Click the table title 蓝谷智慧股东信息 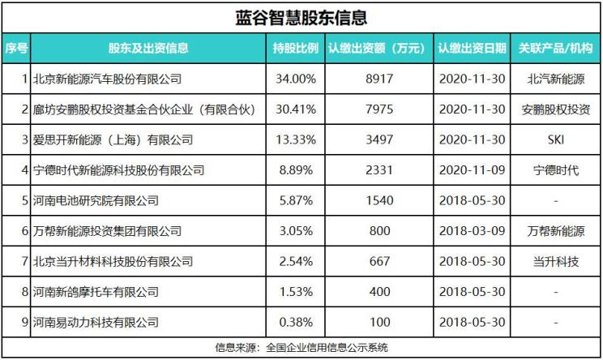301,17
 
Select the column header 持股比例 296,48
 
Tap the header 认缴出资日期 473,48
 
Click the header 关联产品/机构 556,48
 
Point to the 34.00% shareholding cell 296,79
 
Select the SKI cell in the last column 556,139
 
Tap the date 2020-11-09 473,170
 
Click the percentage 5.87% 296,200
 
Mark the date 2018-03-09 473,231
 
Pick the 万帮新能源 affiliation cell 556,231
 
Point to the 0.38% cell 296,322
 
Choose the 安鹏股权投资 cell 556,109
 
